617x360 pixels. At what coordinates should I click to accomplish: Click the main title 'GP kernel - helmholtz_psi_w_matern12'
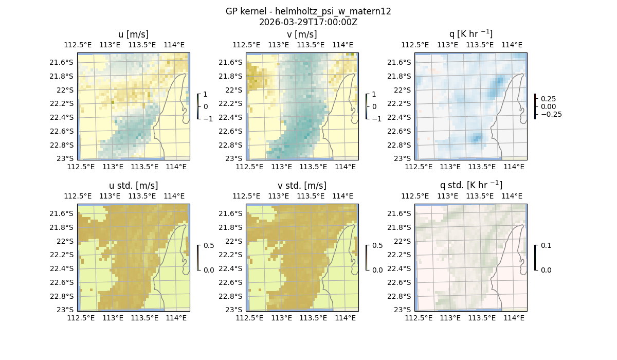coord(308,11)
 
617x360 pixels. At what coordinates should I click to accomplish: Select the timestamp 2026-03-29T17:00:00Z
coord(308,22)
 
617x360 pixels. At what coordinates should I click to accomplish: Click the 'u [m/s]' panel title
coord(133,34)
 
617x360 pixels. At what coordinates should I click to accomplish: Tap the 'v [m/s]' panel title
coord(302,34)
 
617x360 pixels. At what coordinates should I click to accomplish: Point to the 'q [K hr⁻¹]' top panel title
coord(470,34)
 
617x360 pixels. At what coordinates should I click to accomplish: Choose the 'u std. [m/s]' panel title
coord(133,186)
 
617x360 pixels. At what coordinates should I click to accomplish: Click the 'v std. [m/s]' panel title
coord(302,186)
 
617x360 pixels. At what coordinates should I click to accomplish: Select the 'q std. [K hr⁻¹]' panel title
coord(470,186)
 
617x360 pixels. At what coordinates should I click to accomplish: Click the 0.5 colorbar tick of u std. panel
coord(208,245)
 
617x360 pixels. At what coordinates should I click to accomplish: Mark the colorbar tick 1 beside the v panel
coord(374,94)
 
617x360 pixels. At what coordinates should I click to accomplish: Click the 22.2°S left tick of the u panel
coord(65,103)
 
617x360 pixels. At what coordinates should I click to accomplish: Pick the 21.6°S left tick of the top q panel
coord(402,62)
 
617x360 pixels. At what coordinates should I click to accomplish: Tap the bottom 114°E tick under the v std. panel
coord(345,318)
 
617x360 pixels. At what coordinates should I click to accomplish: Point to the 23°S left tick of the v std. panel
coord(235,310)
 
